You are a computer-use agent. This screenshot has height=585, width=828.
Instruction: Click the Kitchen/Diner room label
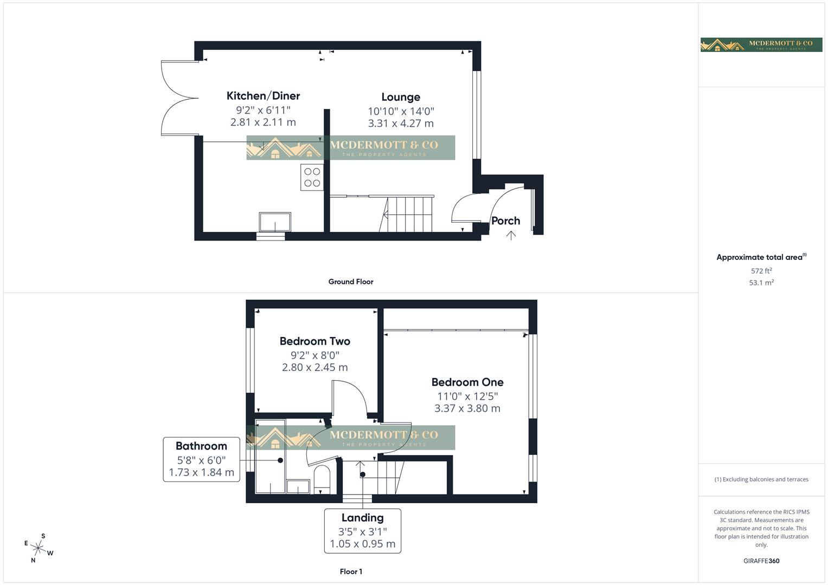pos(263,96)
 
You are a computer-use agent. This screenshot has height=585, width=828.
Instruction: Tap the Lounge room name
pos(401,97)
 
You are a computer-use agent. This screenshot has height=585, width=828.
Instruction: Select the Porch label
pos(505,220)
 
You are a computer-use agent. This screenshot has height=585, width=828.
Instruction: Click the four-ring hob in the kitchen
pos(312,177)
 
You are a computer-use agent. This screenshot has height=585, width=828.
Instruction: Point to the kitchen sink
pos(275,222)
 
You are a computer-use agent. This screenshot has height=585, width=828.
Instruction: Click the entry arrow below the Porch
pos(511,235)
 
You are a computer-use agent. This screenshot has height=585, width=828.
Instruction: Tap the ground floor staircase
pos(409,214)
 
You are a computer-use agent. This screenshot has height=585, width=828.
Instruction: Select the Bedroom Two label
pos(314,341)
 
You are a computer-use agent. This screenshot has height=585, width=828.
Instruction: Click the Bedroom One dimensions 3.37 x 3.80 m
pos(467,408)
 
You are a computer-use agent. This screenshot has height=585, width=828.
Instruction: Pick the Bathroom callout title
pos(201,446)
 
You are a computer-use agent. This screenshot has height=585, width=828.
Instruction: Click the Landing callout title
pos(362,518)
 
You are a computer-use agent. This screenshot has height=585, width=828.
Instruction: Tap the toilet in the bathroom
pos(322,478)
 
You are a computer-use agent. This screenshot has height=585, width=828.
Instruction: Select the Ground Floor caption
pos(350,282)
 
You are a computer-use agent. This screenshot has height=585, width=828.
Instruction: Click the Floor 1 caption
pos(351,571)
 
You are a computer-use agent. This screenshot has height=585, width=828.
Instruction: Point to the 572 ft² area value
pos(761,271)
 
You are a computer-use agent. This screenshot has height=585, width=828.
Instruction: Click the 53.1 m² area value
pos(761,283)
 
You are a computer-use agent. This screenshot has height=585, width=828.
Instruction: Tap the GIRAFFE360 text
pos(761,561)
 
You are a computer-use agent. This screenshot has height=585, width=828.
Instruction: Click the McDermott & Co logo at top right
pos(761,45)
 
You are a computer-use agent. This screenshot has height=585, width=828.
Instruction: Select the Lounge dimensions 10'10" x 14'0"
pos(401,111)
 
